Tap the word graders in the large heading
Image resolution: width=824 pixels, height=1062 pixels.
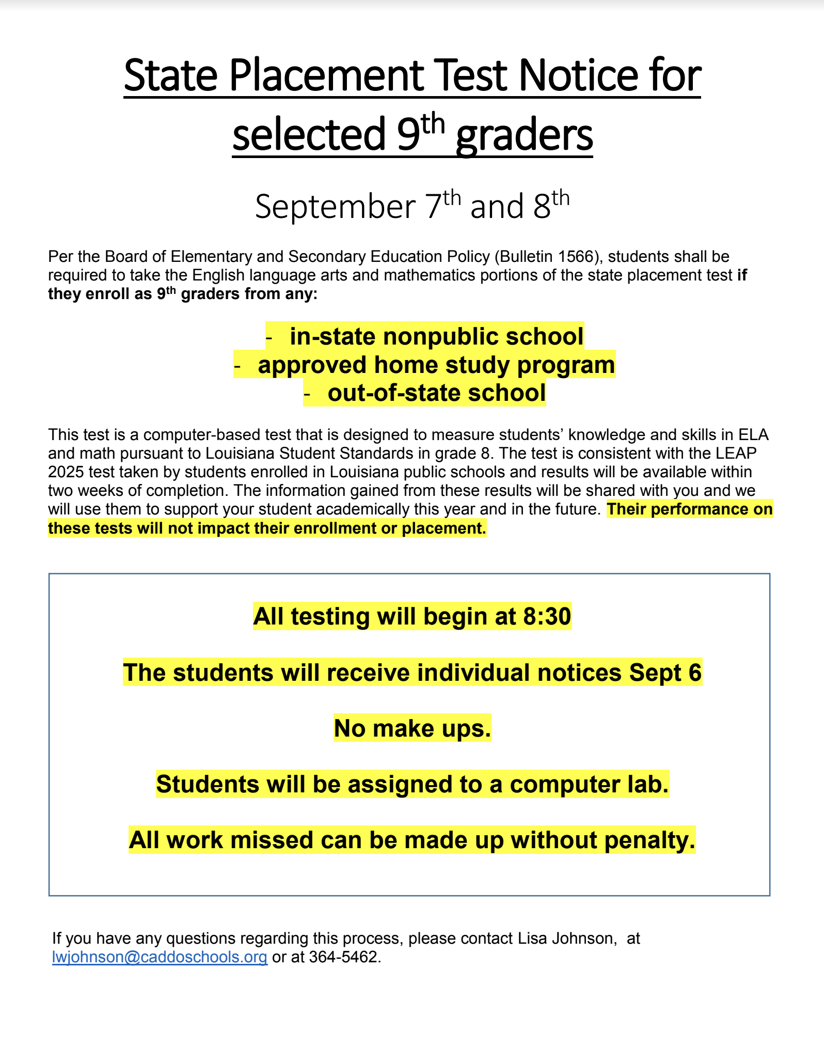pos(524,135)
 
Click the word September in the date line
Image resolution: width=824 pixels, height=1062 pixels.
pos(335,207)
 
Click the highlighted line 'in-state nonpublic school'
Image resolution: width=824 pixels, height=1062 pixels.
pos(436,336)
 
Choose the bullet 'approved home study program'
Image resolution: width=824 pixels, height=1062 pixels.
pos(436,365)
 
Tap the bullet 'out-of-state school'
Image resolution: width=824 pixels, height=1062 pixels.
pos(436,393)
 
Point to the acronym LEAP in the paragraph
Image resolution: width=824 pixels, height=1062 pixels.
pos(737,453)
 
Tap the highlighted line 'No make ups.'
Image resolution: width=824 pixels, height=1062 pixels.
pos(413,728)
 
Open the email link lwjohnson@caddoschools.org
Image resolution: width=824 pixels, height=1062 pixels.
pos(160,957)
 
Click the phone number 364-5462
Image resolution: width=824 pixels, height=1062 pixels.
pos(343,957)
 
